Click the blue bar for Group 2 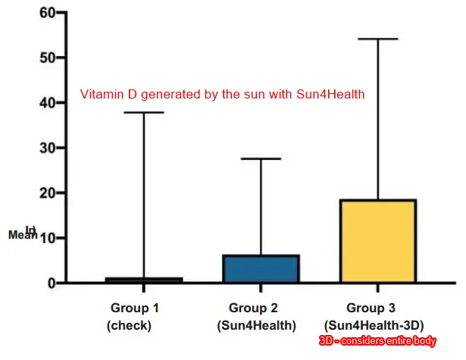point(260,269)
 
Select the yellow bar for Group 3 point(377,241)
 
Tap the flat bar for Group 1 point(143,280)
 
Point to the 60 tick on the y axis point(46,13)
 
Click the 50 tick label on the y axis point(46,58)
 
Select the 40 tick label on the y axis point(46,102)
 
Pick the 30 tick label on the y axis point(46,148)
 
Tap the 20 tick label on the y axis point(46,193)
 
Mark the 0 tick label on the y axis point(51,283)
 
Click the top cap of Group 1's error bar point(143,112)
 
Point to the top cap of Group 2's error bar point(260,158)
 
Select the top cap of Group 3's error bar point(377,39)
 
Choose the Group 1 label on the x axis point(136,308)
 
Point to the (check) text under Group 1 point(130,326)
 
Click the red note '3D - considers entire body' point(377,342)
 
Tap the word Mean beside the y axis point(22,235)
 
